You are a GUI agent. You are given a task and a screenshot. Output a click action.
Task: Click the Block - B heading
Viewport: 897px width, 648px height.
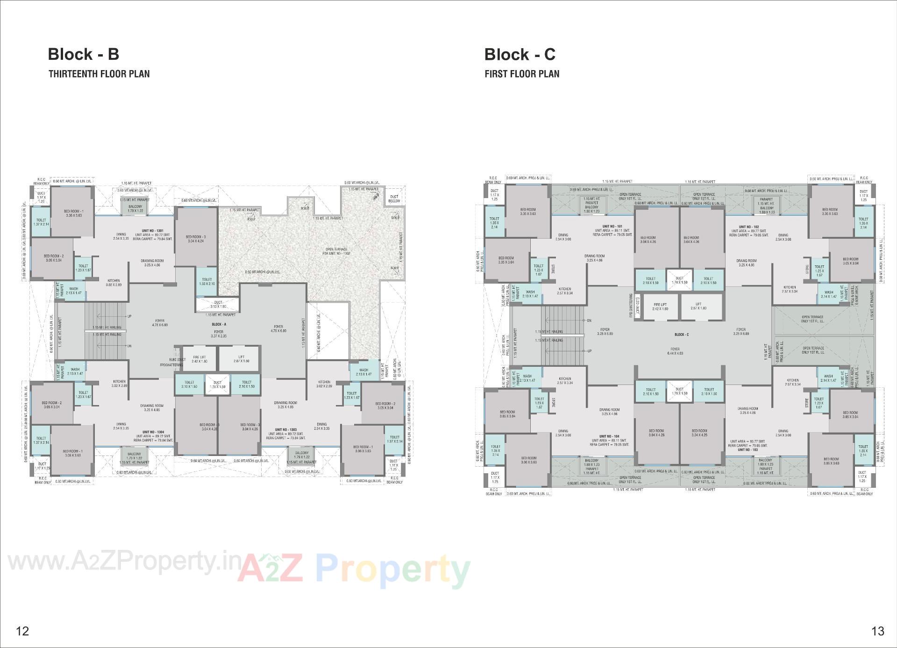click(x=84, y=55)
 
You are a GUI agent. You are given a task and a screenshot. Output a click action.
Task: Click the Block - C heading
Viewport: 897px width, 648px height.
click(x=520, y=55)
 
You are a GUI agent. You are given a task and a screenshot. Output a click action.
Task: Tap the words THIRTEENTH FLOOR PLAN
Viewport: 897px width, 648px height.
click(x=99, y=74)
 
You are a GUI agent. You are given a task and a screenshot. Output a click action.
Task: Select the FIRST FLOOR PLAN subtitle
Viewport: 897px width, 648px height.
click(x=522, y=74)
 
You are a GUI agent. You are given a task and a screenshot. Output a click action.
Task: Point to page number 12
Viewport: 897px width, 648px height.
click(x=22, y=631)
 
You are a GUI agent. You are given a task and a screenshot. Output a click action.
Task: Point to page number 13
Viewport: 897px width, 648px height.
click(x=878, y=631)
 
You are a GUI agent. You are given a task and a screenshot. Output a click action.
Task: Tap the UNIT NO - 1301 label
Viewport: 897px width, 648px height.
click(x=153, y=231)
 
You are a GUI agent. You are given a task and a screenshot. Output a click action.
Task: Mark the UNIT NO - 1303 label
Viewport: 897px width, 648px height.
click(x=286, y=429)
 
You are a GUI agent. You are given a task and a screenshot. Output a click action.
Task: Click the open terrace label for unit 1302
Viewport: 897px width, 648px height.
click(x=337, y=251)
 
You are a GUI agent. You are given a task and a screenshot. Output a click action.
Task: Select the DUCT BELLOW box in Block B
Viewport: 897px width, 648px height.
click(x=394, y=199)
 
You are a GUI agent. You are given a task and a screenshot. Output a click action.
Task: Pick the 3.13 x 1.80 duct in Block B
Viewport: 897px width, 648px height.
click(x=218, y=305)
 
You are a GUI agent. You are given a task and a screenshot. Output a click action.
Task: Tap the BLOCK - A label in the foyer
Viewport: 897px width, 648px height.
click(x=219, y=324)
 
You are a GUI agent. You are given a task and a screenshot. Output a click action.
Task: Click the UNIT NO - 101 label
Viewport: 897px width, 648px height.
click(x=612, y=227)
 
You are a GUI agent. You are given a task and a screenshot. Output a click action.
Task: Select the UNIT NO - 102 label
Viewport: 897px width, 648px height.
click(x=748, y=227)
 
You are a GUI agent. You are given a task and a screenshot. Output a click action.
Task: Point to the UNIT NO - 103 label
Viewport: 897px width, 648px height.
click(x=748, y=450)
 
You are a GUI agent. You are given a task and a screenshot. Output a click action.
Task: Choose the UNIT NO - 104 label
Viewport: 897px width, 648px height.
click(x=609, y=436)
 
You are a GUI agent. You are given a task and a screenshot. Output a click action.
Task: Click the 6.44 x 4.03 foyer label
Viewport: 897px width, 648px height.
click(x=675, y=351)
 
